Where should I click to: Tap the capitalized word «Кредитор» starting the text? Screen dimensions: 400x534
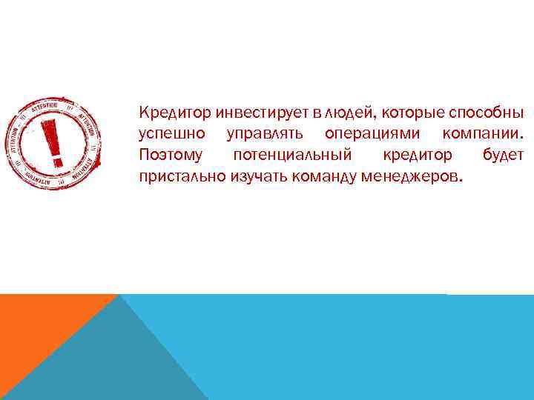(x=175, y=113)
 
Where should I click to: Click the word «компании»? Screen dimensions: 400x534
(x=483, y=135)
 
